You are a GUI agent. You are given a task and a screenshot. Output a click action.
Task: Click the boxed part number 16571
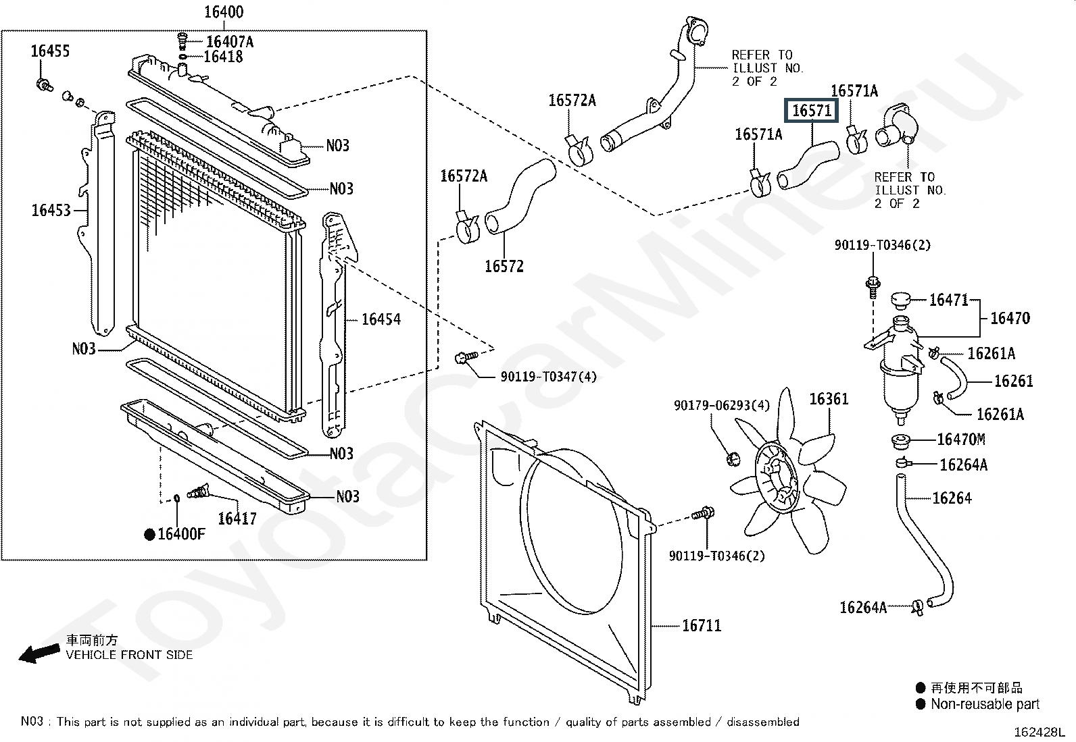(811, 111)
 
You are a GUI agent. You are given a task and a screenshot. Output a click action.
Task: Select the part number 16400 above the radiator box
(224, 12)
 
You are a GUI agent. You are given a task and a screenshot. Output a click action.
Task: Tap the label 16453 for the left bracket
(51, 210)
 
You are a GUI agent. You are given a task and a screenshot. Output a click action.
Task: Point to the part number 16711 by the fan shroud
(702, 625)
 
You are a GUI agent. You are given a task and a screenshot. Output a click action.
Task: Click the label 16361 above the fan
(829, 399)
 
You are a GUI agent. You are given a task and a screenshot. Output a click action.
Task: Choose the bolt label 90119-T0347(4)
(549, 377)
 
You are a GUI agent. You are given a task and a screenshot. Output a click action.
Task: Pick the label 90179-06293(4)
(721, 406)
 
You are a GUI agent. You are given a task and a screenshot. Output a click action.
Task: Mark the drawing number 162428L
(1040, 732)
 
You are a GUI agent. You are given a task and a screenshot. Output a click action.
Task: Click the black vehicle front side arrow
(39, 654)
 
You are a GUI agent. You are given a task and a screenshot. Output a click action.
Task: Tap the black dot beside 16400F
(150, 534)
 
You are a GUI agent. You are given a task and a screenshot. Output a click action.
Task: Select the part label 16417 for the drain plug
(237, 519)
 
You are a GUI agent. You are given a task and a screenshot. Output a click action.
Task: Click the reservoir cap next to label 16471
(901, 300)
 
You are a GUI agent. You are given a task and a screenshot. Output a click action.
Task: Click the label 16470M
(961, 439)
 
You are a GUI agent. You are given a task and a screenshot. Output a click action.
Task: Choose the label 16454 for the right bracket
(381, 319)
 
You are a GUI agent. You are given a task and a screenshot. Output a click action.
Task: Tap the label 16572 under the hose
(504, 267)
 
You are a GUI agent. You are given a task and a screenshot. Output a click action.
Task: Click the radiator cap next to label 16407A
(182, 41)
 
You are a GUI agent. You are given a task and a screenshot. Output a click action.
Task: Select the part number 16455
(51, 51)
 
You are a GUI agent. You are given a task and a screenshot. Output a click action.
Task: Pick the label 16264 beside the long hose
(952, 498)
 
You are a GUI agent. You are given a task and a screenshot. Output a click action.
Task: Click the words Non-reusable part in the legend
(985, 704)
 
